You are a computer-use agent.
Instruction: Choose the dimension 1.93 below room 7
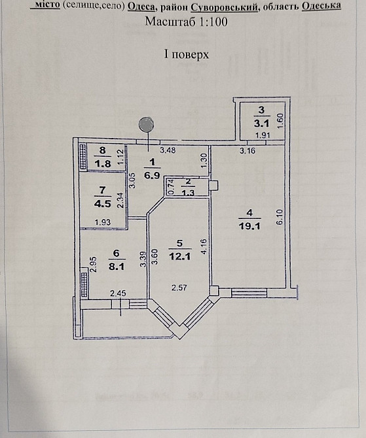click(x=103, y=223)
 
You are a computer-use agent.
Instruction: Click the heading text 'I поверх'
click(x=187, y=54)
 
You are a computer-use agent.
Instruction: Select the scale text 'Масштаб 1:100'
click(x=186, y=21)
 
